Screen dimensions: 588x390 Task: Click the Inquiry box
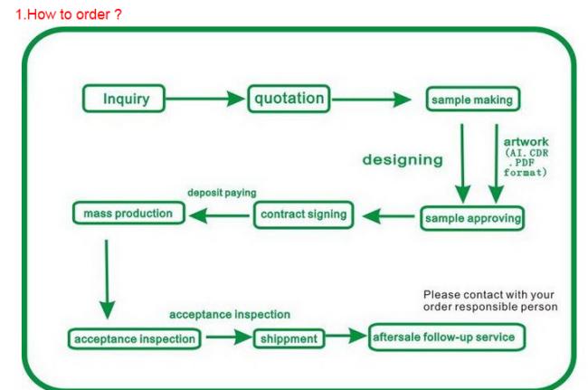pyautogui.click(x=124, y=99)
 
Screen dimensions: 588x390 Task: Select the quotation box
pyautogui.click(x=289, y=99)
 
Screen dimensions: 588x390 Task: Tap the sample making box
pyautogui.click(x=473, y=99)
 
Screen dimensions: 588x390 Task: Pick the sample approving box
pyautogui.click(x=472, y=218)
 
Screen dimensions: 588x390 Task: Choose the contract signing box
pyautogui.click(x=303, y=214)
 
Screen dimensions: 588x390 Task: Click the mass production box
pyautogui.click(x=128, y=213)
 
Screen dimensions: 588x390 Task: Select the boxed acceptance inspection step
pyautogui.click(x=134, y=339)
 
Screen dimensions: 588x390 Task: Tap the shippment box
pyautogui.click(x=289, y=338)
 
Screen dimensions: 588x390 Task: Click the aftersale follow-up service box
pyautogui.click(x=447, y=338)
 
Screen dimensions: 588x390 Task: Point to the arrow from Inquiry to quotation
pyautogui.click(x=205, y=99)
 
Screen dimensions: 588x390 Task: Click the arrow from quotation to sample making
pyautogui.click(x=372, y=100)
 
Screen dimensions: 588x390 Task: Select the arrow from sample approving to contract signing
pyautogui.click(x=388, y=216)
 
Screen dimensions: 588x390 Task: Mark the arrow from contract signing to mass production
pyautogui.click(x=220, y=215)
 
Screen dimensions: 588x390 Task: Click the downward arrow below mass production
pyautogui.click(x=107, y=280)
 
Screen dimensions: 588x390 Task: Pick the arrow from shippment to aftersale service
pyautogui.click(x=346, y=335)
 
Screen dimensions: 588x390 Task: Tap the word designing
pyautogui.click(x=403, y=160)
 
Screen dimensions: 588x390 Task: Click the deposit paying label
pyautogui.click(x=222, y=193)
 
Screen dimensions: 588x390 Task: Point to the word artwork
pyautogui.click(x=526, y=142)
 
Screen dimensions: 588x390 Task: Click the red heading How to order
pyautogui.click(x=69, y=14)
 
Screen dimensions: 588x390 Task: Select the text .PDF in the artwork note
pyautogui.click(x=522, y=163)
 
